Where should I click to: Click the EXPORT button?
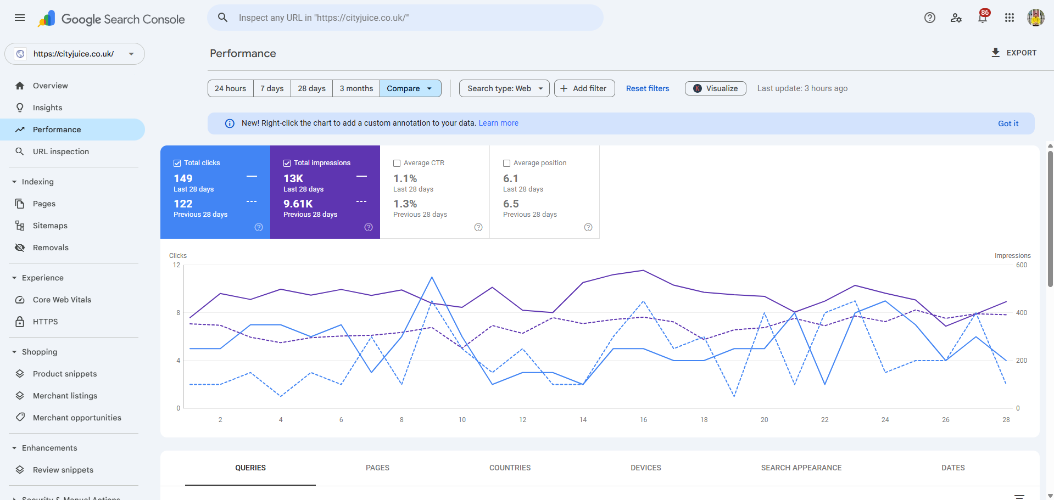(x=1013, y=53)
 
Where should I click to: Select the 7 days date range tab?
(x=272, y=88)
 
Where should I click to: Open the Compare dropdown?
(x=410, y=88)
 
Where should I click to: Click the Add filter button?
(x=584, y=88)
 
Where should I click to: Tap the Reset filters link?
(x=648, y=88)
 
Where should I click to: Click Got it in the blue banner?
(x=1008, y=123)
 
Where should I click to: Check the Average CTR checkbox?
(x=397, y=163)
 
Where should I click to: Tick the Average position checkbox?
(x=506, y=163)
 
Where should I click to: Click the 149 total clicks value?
(x=183, y=178)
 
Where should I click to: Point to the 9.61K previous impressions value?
(x=298, y=204)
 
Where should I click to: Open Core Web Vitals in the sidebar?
(x=62, y=300)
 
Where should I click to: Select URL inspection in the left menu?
(x=60, y=151)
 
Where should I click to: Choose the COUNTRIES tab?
(x=510, y=468)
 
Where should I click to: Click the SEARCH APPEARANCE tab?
(x=801, y=468)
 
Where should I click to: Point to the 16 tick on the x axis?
(x=643, y=420)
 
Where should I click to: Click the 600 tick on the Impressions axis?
(x=1021, y=265)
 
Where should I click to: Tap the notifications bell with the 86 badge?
(x=983, y=18)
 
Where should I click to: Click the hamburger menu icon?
(x=20, y=18)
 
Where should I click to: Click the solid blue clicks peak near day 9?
(x=432, y=278)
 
